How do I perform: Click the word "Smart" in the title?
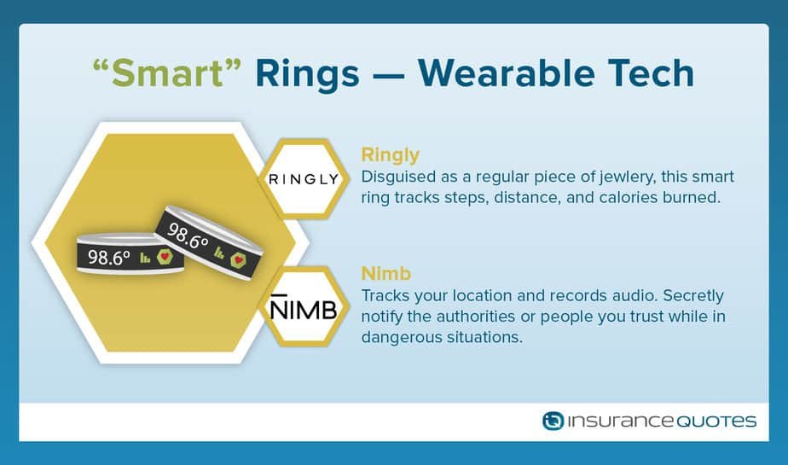coord(167,73)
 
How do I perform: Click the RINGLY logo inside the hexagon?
coord(304,179)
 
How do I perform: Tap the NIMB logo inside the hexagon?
coord(304,307)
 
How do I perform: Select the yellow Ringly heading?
coord(390,156)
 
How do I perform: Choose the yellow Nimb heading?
coord(386,274)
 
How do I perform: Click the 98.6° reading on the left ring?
coord(109,257)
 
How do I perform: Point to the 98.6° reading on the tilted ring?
coord(188,235)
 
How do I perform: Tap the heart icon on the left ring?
coord(165,257)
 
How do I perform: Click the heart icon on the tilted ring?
coord(238,260)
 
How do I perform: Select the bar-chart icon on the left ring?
coord(145,258)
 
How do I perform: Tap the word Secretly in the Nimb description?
coord(693,296)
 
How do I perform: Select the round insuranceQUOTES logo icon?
coord(553,421)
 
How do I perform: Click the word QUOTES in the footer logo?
coord(716,421)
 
